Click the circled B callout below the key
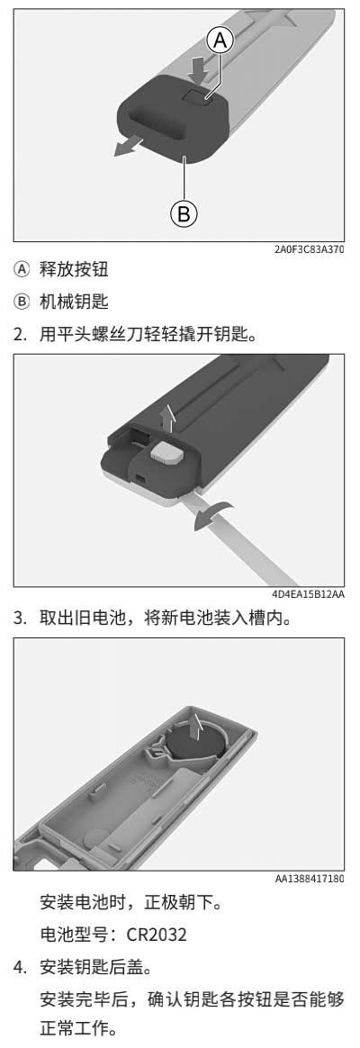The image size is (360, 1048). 184,213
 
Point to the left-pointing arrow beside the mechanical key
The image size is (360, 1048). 130,148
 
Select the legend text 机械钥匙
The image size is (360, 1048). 74,303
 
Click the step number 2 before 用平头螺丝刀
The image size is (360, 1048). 21,335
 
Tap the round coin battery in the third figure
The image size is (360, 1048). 193,747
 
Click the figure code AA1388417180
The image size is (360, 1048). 310,878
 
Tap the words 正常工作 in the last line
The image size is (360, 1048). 74,1027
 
